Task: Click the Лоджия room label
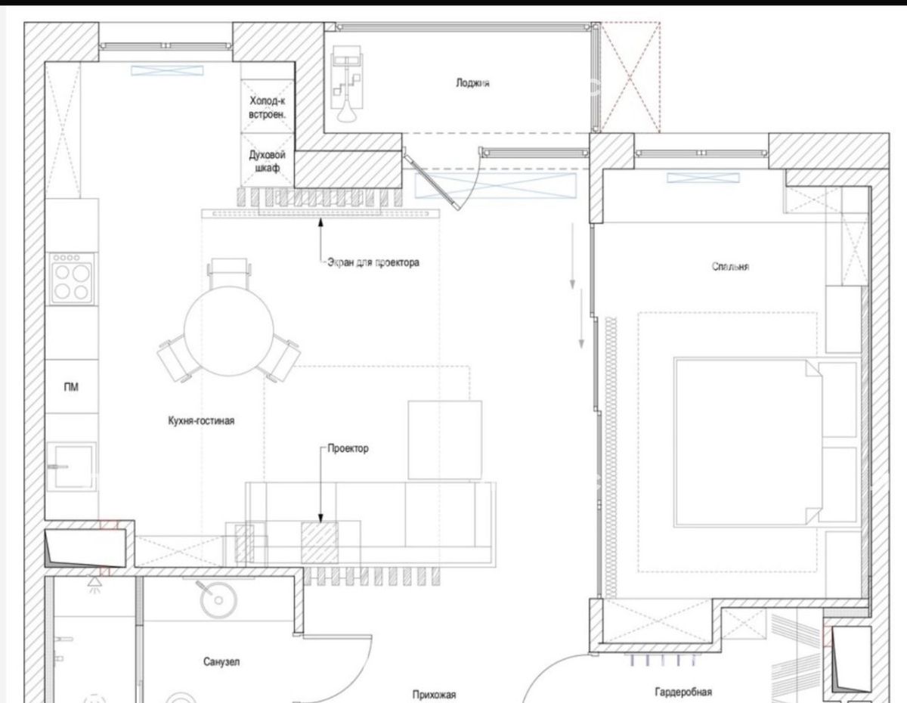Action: [472, 83]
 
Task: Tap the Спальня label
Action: [730, 266]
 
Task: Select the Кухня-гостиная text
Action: [201, 420]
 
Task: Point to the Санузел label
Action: [221, 661]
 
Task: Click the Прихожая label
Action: [434, 695]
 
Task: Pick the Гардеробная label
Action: [683, 692]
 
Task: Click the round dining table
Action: [229, 331]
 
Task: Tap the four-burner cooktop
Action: [72, 278]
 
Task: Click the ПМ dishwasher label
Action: [71, 387]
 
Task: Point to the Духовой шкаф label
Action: [267, 161]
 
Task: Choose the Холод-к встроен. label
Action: [267, 107]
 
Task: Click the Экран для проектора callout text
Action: [373, 262]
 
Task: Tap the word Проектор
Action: [348, 448]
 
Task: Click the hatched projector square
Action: [320, 542]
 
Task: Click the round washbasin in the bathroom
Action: [218, 600]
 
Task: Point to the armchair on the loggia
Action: [347, 83]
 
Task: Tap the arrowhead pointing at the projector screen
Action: [320, 222]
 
